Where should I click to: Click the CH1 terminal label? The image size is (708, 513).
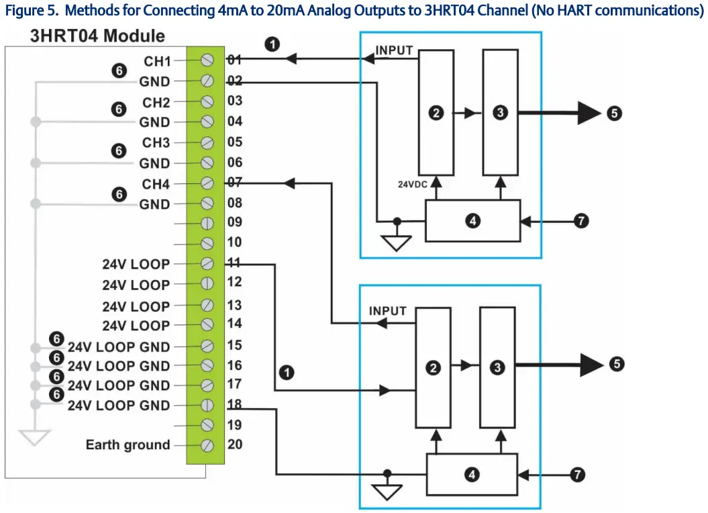click(157, 61)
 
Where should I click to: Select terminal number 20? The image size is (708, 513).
click(234, 445)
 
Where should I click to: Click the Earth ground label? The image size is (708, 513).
click(128, 445)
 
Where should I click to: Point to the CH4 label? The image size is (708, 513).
click(156, 184)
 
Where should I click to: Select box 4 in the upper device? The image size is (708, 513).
click(473, 220)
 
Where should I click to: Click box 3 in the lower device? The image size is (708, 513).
click(497, 367)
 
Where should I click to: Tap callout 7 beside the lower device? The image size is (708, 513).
click(576, 475)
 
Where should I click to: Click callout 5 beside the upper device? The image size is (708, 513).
click(615, 113)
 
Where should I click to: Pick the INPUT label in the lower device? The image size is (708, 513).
click(388, 311)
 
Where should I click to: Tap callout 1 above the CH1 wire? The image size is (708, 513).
click(272, 44)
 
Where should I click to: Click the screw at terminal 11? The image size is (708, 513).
click(207, 265)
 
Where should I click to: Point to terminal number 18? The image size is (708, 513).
click(234, 406)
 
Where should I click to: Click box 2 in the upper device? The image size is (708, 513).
click(436, 113)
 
